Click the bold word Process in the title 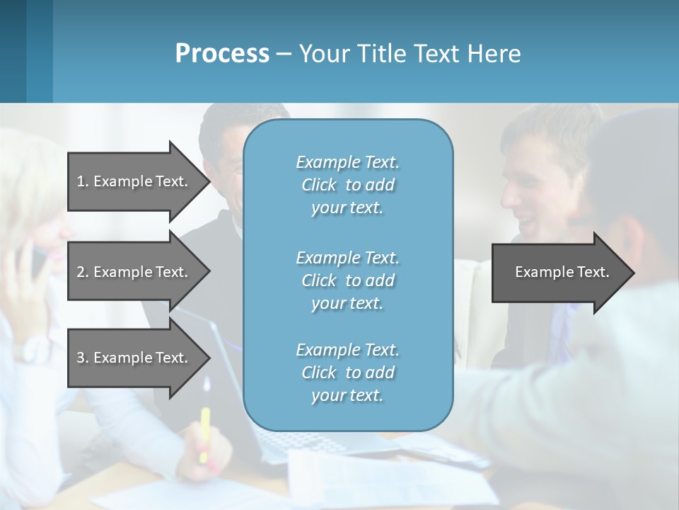pos(222,54)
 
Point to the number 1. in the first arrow pos(83,181)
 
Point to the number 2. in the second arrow pos(83,272)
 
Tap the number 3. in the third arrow pos(83,358)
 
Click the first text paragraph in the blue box pos(347,185)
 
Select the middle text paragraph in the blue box pos(347,280)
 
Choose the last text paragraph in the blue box pos(347,373)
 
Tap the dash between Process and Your pos(284,54)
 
